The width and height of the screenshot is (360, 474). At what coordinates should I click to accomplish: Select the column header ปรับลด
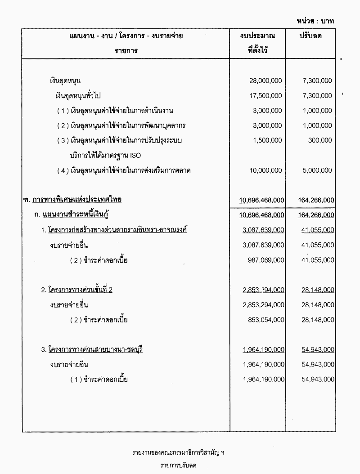(310, 36)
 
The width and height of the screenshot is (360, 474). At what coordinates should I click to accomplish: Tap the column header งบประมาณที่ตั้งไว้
(258, 43)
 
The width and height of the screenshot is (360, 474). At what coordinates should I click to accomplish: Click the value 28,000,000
(265, 80)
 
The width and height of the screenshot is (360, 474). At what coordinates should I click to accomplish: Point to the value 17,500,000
(265, 95)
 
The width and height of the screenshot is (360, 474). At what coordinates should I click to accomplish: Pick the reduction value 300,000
(320, 140)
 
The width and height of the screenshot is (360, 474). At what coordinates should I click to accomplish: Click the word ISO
(135, 156)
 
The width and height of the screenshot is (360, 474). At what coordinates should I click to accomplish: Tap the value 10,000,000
(265, 170)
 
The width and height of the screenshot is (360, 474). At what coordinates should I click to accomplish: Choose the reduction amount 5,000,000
(317, 170)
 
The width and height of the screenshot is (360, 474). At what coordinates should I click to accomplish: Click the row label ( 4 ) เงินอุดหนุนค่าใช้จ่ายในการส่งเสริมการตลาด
(124, 170)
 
